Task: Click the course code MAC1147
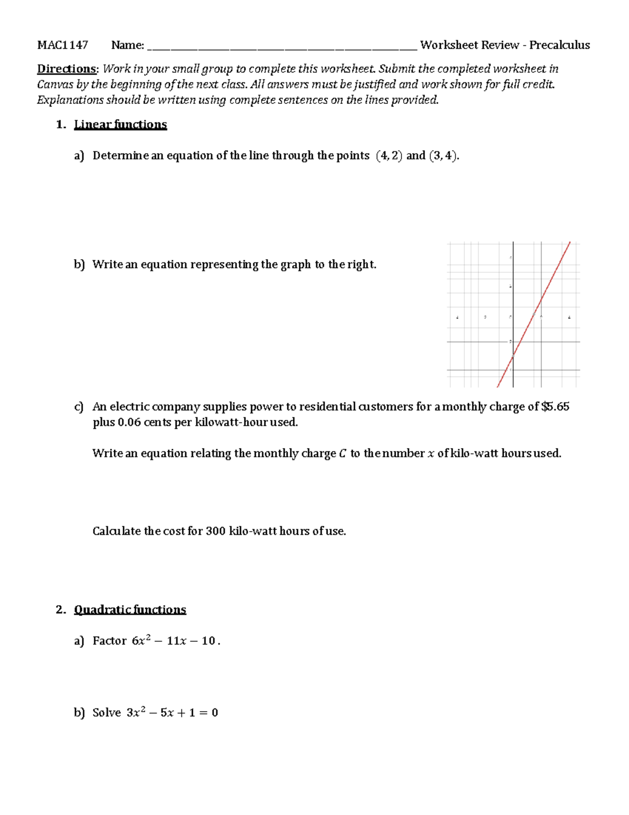[62, 45]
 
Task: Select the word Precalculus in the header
[559, 45]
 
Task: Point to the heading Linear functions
[120, 124]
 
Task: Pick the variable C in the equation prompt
[342, 454]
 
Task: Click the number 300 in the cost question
[215, 531]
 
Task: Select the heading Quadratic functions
[129, 610]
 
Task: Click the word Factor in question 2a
[110, 641]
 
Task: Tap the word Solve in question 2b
[106, 713]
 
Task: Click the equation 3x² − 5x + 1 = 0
[172, 713]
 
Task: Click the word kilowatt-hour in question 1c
[231, 422]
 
